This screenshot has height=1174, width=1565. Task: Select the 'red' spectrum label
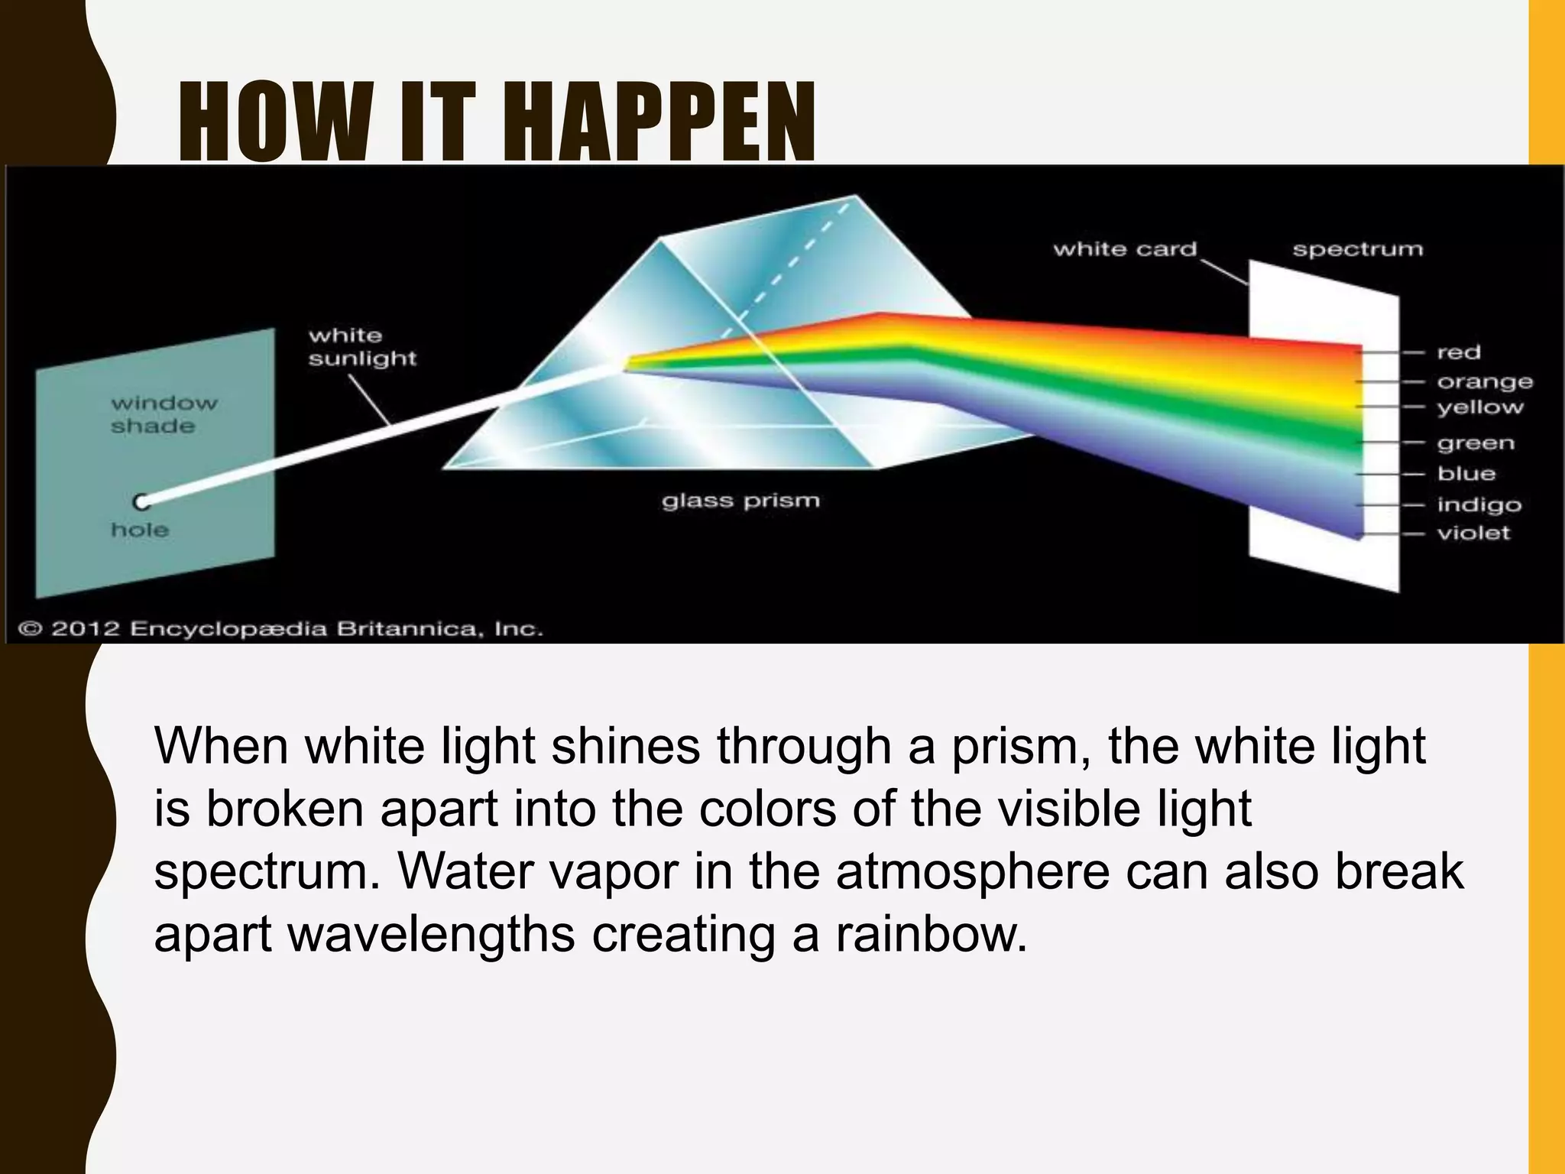click(x=1459, y=352)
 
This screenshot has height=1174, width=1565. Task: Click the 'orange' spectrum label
click(x=1485, y=381)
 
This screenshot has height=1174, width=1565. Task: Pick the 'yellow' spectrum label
click(x=1480, y=407)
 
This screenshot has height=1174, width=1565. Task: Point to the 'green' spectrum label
click(x=1476, y=443)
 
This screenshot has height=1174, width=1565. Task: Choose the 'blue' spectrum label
click(x=1466, y=474)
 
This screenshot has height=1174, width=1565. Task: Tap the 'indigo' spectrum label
click(x=1479, y=504)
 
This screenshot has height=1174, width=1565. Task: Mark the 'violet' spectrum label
click(x=1473, y=533)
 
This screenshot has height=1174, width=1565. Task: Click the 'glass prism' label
click(x=740, y=501)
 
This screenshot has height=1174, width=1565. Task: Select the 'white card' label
click(x=1124, y=249)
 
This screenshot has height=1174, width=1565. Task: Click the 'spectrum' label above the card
click(x=1357, y=249)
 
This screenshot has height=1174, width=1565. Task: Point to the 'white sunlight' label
click(x=362, y=347)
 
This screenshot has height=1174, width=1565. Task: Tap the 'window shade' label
click(x=164, y=414)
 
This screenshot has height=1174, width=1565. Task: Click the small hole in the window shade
click(x=141, y=502)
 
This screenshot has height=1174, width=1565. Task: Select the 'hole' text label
click(x=140, y=530)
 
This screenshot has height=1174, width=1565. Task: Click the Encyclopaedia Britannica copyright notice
click(x=280, y=629)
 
